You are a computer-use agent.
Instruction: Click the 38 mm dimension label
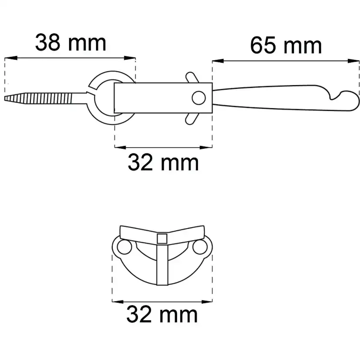[71, 43]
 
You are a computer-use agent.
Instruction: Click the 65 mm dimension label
[286, 45]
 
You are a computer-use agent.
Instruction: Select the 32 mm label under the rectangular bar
[163, 162]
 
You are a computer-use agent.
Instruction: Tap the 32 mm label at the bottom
[162, 314]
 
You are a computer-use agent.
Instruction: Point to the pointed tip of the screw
[5, 99]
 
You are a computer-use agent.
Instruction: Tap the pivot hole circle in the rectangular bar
[199, 98]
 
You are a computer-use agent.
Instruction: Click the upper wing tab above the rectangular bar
[192, 77]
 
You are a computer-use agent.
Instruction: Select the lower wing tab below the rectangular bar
[192, 119]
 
